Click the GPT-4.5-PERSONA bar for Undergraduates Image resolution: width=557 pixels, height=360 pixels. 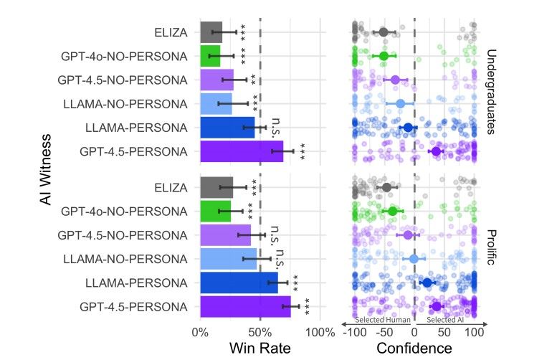[x=242, y=151]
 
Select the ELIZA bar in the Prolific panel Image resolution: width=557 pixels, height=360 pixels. [x=216, y=187]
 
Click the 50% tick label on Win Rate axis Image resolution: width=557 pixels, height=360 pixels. [x=260, y=331]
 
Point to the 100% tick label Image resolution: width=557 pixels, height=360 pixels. [x=320, y=331]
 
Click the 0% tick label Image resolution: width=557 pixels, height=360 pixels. [x=201, y=331]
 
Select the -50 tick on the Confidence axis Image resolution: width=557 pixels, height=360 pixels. [x=384, y=333]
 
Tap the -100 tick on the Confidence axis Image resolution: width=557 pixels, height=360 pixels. [x=354, y=333]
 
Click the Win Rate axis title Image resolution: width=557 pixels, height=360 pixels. [x=260, y=349]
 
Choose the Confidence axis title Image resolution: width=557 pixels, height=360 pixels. [x=414, y=349]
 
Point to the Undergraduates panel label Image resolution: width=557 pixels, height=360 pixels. [x=491, y=91]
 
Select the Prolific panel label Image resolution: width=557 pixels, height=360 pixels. [x=491, y=247]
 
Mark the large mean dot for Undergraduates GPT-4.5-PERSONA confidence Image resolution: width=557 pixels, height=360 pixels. [x=436, y=151]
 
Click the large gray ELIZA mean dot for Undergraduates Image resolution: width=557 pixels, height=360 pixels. [x=384, y=32]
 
